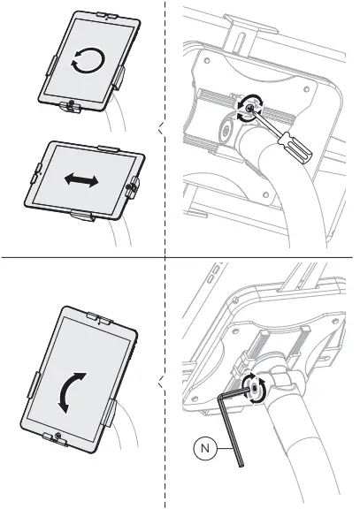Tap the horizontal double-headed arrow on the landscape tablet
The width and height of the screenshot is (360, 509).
tap(81, 179)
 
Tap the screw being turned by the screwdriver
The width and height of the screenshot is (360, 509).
tap(253, 109)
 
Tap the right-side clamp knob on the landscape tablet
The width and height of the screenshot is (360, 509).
tap(134, 188)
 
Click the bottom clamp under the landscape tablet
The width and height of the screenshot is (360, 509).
tap(83, 216)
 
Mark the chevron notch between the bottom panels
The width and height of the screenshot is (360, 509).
tap(159, 382)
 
